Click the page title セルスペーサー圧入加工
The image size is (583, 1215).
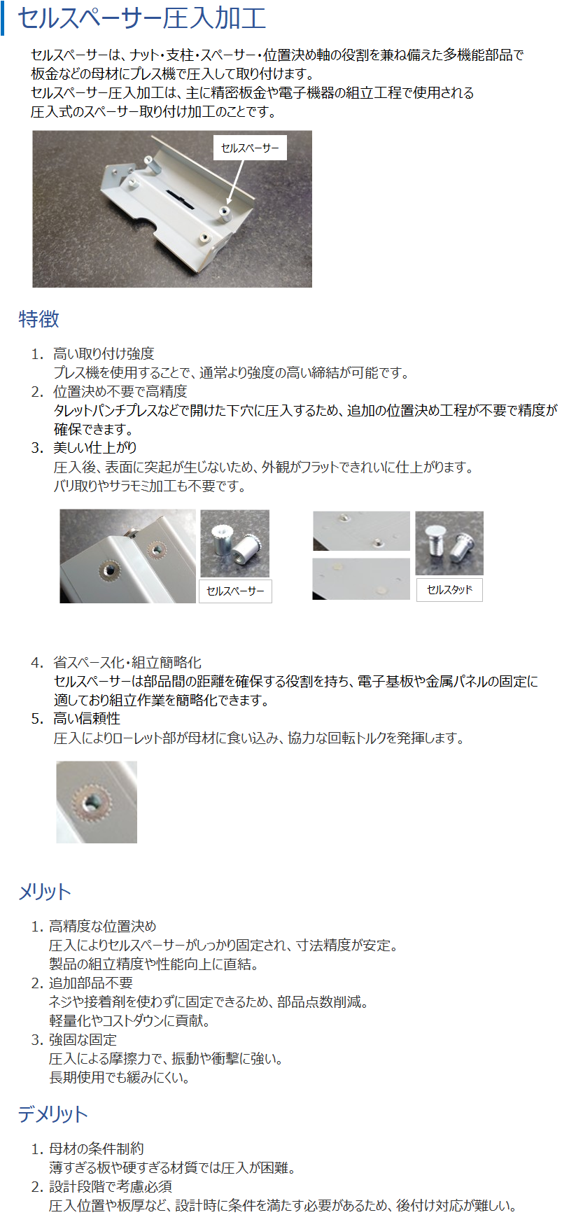142,18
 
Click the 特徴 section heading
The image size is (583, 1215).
39,319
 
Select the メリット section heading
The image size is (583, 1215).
45,892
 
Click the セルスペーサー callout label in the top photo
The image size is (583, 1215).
250,148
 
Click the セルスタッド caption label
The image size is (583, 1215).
450,590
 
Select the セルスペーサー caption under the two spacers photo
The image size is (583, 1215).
236,591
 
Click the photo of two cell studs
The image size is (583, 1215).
449,543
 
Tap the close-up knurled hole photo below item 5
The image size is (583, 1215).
97,802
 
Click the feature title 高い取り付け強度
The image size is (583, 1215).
104,354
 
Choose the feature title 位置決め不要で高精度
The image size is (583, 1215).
120,392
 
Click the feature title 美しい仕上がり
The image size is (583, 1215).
95,448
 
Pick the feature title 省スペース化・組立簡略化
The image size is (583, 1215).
127,663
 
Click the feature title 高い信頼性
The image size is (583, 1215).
87,719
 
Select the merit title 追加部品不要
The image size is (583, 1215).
91,983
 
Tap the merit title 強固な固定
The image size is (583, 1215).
83,1040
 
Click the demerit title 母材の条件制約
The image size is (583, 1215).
97,1149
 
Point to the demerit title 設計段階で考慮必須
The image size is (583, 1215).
111,1186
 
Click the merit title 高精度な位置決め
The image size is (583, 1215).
103,927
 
